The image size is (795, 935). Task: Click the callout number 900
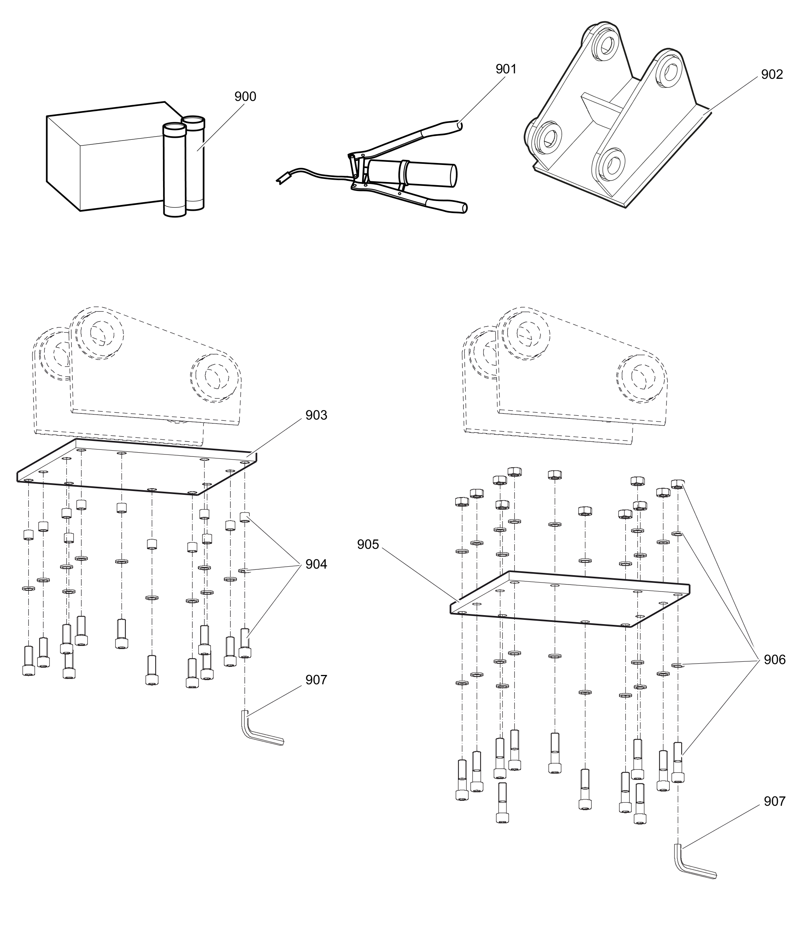click(245, 96)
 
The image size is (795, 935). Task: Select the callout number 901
click(506, 69)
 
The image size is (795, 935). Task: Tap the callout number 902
click(772, 75)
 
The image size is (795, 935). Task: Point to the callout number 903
click(316, 415)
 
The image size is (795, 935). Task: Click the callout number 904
click(316, 564)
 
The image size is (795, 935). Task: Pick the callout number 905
click(368, 544)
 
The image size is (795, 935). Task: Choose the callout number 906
click(774, 660)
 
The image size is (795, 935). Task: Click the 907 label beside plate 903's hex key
click(316, 680)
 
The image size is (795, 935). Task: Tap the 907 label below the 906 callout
click(774, 801)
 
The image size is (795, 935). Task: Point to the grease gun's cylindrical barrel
click(419, 173)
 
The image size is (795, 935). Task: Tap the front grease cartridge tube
click(174, 171)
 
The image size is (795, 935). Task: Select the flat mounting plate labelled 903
click(135, 468)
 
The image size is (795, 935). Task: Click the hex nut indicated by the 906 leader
click(677, 484)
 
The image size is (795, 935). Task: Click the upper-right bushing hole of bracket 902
click(670, 72)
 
